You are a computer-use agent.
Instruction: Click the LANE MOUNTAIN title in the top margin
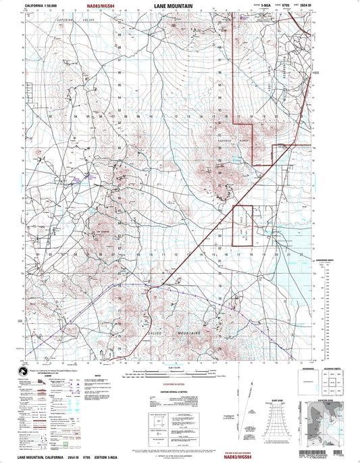(177, 5)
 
